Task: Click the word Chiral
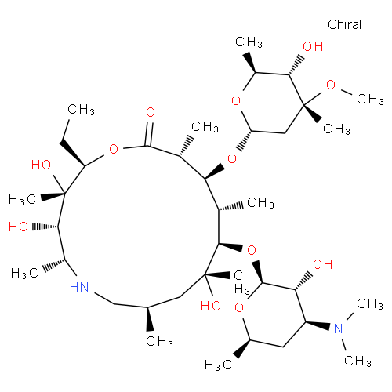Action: [344, 24]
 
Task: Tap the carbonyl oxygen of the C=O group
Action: [151, 112]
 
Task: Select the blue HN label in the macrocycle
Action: [79, 287]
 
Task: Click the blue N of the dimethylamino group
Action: [339, 328]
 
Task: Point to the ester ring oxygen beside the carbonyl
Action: [114, 149]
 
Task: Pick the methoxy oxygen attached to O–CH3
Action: [331, 85]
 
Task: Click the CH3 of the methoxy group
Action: [370, 100]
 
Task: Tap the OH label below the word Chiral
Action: [313, 46]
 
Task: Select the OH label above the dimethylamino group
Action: [323, 264]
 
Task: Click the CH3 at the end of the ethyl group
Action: [81, 110]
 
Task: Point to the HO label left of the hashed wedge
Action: [18, 227]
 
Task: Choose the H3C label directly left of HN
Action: [25, 274]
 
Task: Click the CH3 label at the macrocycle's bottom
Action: [159, 342]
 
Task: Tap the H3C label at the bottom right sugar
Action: [218, 365]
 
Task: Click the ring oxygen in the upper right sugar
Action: [236, 100]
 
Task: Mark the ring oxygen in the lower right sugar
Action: [239, 307]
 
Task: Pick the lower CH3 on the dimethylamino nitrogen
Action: [358, 361]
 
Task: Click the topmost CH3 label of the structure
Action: [249, 42]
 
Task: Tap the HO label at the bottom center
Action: [211, 306]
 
